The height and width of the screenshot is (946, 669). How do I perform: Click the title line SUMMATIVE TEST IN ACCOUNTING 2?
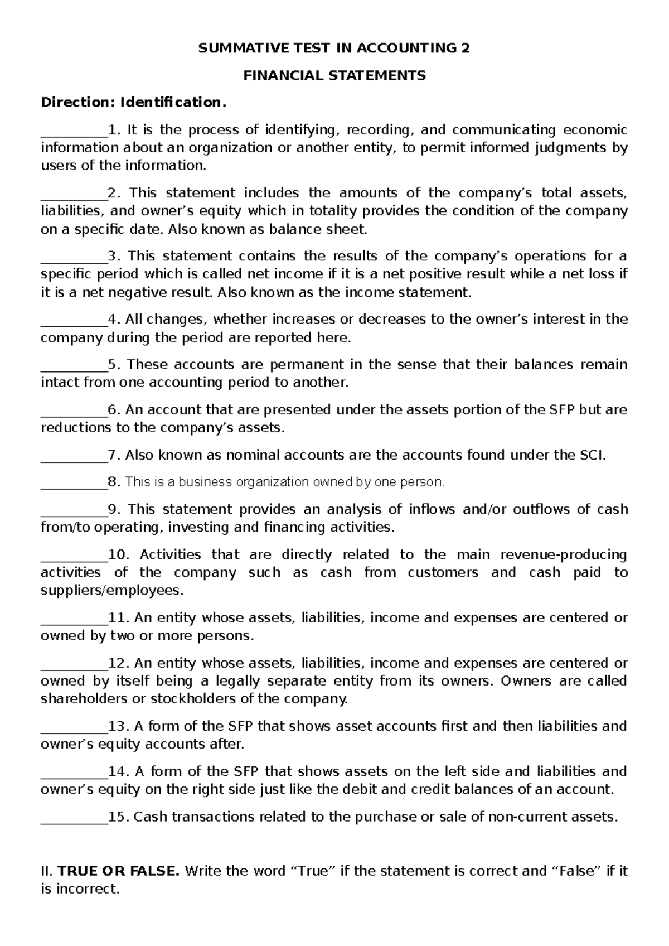pos(334,49)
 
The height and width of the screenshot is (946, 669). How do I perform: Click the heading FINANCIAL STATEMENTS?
pos(334,76)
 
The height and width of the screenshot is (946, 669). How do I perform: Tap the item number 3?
pos(113,257)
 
